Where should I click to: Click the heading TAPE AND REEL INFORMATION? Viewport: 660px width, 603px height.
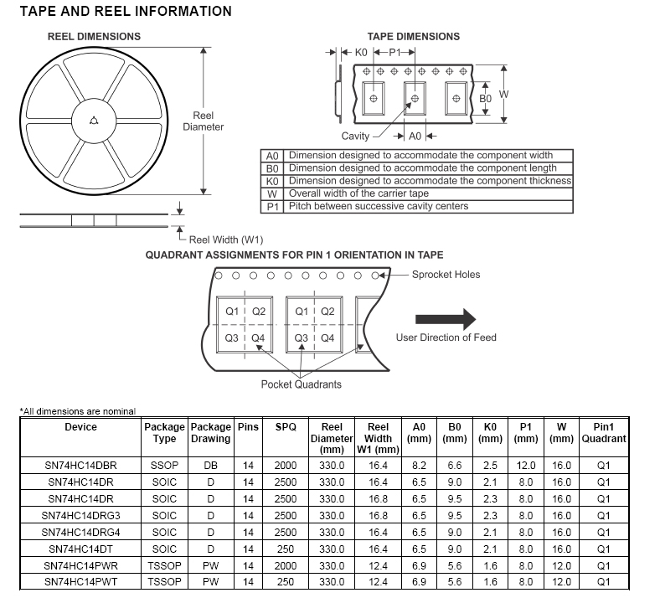126,12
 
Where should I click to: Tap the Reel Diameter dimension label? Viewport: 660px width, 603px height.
204,121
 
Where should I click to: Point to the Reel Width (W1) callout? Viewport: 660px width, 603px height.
225,240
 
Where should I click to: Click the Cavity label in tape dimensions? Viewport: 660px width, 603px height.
355,136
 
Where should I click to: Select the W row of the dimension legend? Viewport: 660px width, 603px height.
419,193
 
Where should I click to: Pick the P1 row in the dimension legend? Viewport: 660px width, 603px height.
419,206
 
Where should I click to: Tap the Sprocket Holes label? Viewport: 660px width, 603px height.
446,275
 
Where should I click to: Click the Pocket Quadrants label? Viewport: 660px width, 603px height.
302,384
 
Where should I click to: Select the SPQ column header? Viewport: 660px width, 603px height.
286,427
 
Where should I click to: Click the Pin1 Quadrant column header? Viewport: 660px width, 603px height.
603,433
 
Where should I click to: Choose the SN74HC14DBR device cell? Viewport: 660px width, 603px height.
81,465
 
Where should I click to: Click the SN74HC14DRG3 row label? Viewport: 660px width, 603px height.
81,515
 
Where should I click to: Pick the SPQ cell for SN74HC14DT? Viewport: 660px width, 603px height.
286,549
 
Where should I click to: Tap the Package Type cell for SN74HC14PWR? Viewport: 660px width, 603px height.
164,565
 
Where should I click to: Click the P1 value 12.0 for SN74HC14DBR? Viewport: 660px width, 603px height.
526,465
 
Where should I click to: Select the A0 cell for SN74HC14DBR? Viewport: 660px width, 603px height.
419,465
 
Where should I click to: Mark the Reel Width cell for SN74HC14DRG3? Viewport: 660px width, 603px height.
379,515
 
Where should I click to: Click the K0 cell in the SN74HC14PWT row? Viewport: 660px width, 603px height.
490,582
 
